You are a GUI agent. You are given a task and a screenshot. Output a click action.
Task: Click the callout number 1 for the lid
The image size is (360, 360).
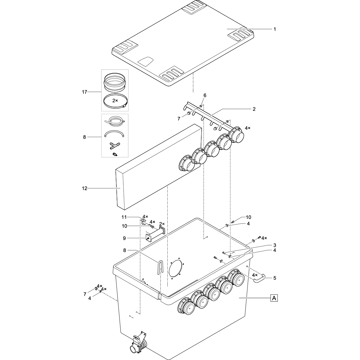274,29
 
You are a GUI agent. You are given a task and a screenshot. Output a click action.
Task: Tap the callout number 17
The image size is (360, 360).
84,92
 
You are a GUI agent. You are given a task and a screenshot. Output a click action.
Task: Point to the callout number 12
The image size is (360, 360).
84,188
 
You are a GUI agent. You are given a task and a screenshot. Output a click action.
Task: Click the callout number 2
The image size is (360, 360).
254,109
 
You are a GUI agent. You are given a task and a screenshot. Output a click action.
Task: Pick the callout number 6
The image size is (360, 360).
205,95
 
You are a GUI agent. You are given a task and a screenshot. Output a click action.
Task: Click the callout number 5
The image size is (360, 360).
274,278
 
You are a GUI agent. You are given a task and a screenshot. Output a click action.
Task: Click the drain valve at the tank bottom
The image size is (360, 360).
138,345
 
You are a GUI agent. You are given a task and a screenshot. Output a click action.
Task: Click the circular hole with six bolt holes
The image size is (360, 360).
175,268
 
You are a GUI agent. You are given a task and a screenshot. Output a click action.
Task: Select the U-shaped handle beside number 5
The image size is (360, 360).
258,278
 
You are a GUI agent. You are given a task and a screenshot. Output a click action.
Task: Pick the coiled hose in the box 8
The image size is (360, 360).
115,121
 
